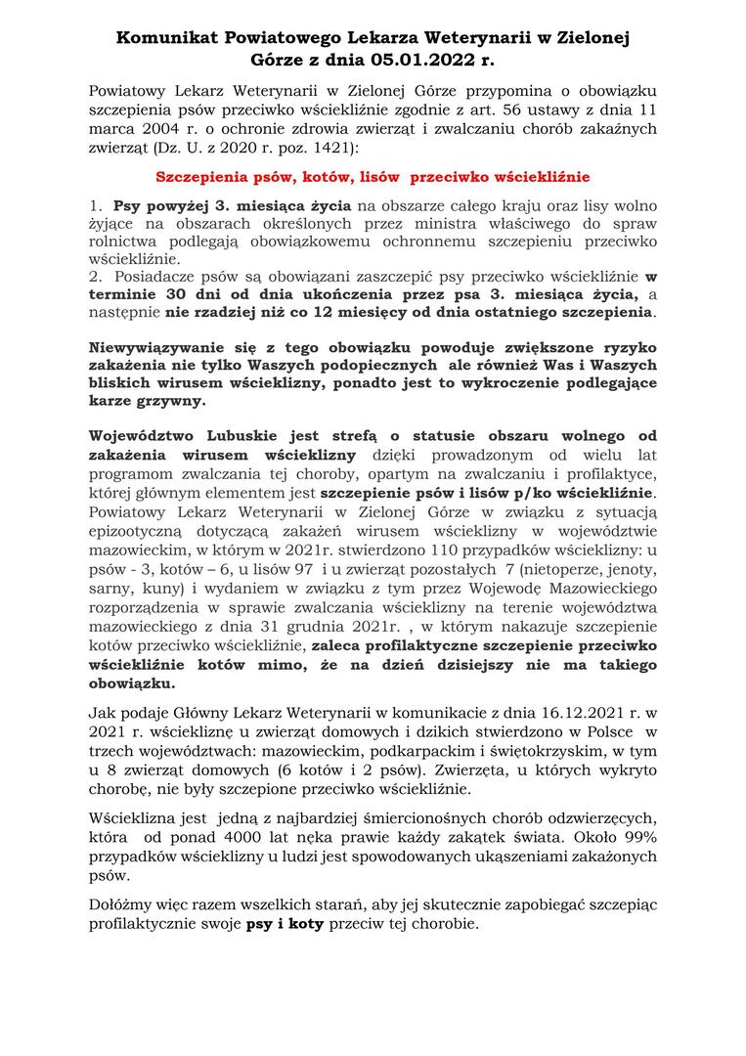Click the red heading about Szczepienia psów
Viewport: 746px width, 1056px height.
pyautogui.click(x=373, y=178)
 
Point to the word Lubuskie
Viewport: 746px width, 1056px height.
pyautogui.click(x=224, y=437)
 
